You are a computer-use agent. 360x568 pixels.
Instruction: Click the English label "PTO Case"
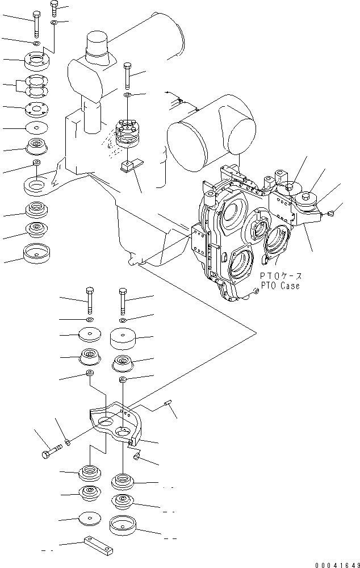coord(280,286)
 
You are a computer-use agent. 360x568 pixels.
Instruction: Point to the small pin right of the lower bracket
coord(169,404)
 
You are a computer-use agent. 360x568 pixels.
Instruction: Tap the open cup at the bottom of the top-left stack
coord(37,252)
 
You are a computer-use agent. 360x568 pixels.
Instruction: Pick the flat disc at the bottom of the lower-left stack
coord(89,519)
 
